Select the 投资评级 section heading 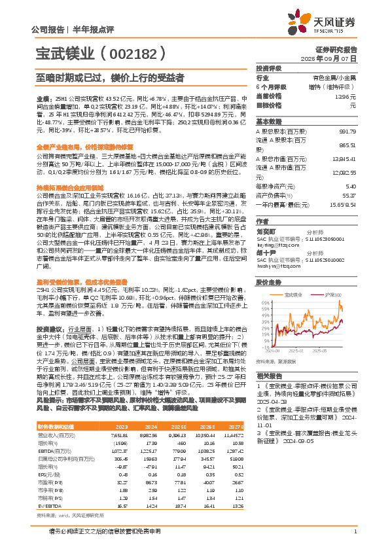pyautogui.click(x=268, y=68)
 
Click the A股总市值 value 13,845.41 pyautogui.click(x=345, y=158)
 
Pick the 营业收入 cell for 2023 pyautogui.click(x=126, y=453)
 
